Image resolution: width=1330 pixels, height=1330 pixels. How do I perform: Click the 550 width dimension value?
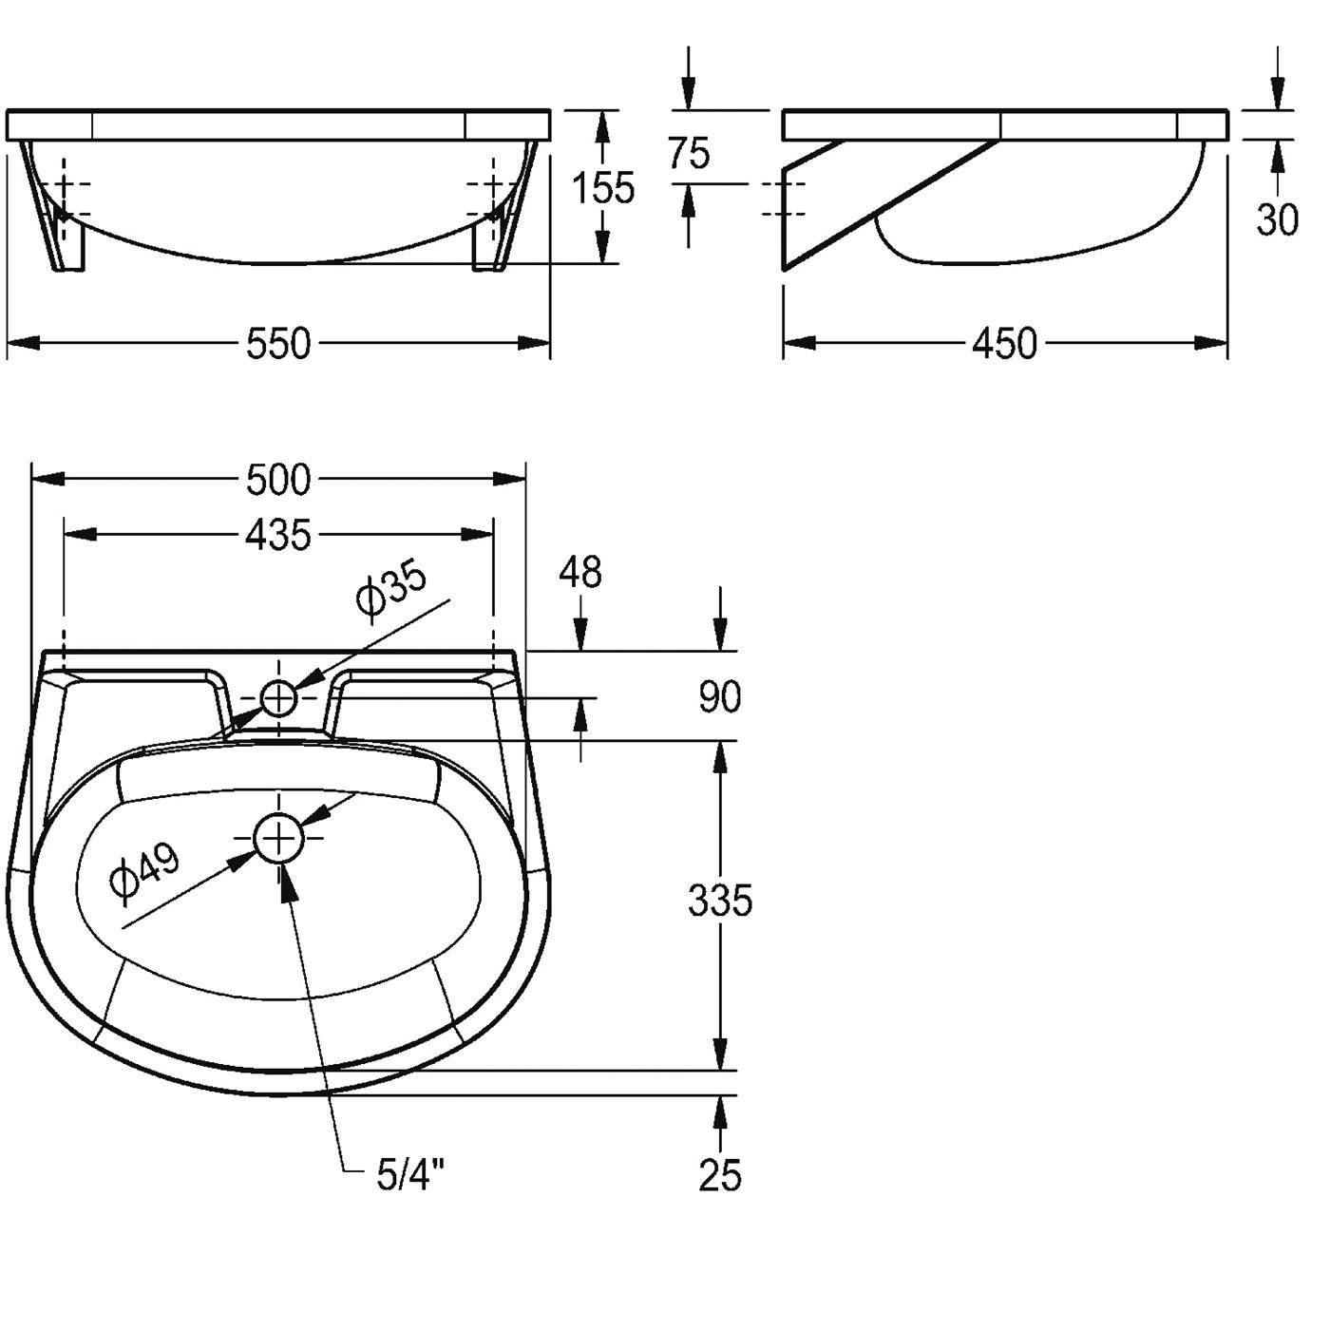pyautogui.click(x=279, y=343)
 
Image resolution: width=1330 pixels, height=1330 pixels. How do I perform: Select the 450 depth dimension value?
pyautogui.click(x=1004, y=343)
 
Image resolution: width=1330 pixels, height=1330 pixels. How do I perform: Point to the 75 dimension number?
pyautogui.click(x=689, y=153)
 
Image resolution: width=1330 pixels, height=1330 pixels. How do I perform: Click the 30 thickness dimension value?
pyautogui.click(x=1277, y=219)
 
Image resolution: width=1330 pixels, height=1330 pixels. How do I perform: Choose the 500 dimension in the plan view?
pyautogui.click(x=279, y=480)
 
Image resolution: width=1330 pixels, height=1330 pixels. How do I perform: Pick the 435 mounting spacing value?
pyautogui.click(x=279, y=535)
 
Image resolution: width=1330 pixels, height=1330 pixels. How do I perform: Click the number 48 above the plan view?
pyautogui.click(x=580, y=572)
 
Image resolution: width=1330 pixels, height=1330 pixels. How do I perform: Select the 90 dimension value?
pyautogui.click(x=720, y=697)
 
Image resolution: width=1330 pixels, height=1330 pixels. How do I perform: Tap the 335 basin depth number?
pyautogui.click(x=720, y=901)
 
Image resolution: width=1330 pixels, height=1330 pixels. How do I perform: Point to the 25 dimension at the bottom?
pyautogui.click(x=720, y=1175)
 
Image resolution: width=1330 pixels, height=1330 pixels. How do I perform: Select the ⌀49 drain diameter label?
pyautogui.click(x=145, y=872)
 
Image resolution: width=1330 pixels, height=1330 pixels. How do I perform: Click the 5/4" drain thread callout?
pyautogui.click(x=409, y=1175)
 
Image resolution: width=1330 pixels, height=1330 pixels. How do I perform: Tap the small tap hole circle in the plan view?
pyautogui.click(x=279, y=699)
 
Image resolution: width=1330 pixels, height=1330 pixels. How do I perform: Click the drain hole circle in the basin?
pyautogui.click(x=279, y=839)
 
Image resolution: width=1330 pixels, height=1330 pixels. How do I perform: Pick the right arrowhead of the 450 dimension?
pyautogui.click(x=1211, y=342)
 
